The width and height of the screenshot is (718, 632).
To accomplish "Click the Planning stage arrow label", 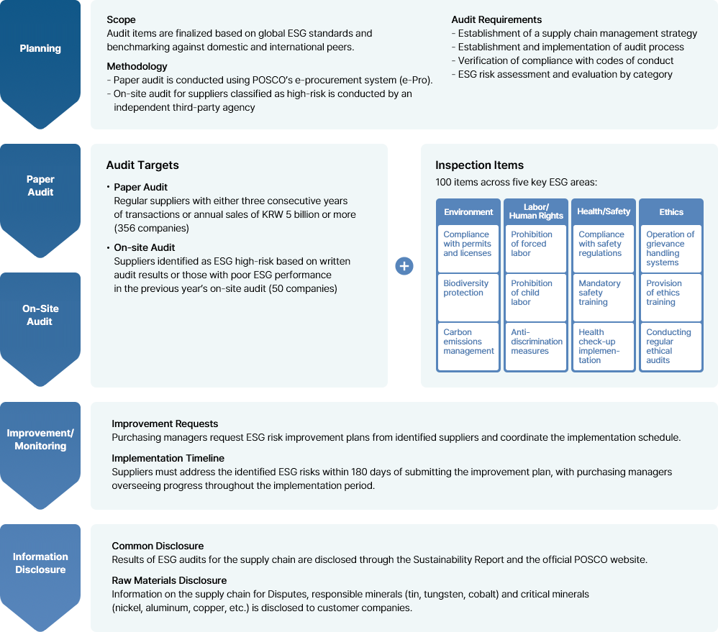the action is click(x=40, y=48).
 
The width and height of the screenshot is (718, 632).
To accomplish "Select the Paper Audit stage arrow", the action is click(x=40, y=201).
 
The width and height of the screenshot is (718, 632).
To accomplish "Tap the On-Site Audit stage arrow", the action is click(x=40, y=329).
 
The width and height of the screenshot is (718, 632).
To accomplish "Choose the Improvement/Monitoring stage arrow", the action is click(x=40, y=455).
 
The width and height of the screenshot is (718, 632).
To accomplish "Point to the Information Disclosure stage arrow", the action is click(x=40, y=577).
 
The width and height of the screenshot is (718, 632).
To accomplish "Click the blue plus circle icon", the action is click(x=404, y=266).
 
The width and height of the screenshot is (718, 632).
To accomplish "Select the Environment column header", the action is click(x=468, y=212).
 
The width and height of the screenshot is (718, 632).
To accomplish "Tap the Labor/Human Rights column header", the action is click(x=536, y=211).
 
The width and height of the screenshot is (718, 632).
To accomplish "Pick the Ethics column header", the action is click(x=671, y=212).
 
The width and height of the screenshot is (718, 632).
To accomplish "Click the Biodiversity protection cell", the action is click(x=468, y=298).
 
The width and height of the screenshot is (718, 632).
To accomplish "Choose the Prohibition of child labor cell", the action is click(x=536, y=298).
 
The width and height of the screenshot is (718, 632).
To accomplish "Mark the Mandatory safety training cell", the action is click(x=604, y=298).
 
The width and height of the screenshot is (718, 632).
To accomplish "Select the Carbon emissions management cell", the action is click(x=468, y=347).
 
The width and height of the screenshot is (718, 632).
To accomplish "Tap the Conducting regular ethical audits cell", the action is click(x=671, y=347).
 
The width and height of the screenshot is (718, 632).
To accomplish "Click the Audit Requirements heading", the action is click(x=496, y=19).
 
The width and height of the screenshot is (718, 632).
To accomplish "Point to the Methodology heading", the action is click(x=137, y=66).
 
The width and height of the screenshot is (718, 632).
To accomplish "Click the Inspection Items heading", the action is click(x=479, y=165).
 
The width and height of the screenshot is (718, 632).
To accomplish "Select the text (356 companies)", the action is click(x=152, y=229).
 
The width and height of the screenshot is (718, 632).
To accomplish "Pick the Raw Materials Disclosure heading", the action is click(x=169, y=580).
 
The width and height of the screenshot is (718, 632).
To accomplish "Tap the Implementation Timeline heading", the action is click(x=168, y=458).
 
